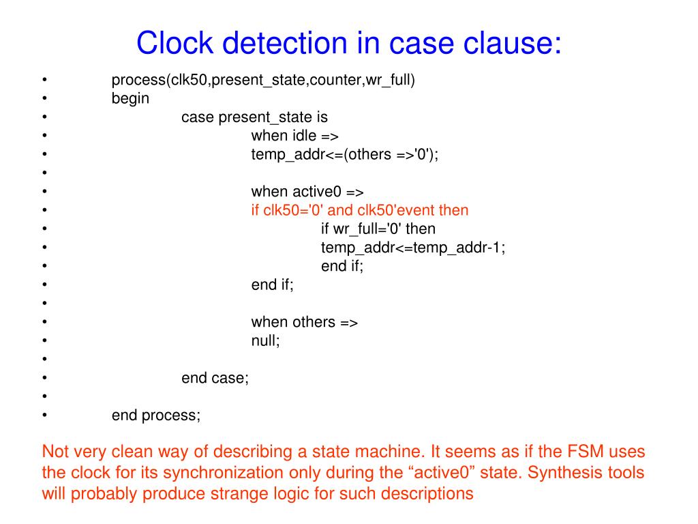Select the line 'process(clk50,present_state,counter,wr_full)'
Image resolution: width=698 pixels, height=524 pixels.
pos(263,81)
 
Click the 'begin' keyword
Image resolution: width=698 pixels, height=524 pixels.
pos(130,99)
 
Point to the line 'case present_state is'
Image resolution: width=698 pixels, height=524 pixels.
pos(254,117)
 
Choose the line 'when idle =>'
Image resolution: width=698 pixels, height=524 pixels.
pos(294,136)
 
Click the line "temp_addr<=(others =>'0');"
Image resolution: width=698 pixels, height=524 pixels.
pos(345,154)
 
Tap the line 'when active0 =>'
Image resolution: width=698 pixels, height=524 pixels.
pos(307,192)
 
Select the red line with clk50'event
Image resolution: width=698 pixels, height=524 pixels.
pos(360,210)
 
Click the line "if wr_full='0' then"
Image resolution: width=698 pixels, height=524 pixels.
pos(378,229)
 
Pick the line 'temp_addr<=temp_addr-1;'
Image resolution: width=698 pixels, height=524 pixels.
pos(413,247)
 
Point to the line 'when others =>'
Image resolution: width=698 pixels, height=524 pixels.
pos(305,321)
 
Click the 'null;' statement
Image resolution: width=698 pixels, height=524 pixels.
pos(266,340)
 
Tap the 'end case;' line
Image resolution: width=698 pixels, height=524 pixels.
pos(215,377)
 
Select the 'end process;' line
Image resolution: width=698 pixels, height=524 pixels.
pos(156,414)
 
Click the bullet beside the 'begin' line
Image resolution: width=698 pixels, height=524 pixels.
pos(44,99)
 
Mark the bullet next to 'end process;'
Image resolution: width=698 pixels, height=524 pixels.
pos(44,414)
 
